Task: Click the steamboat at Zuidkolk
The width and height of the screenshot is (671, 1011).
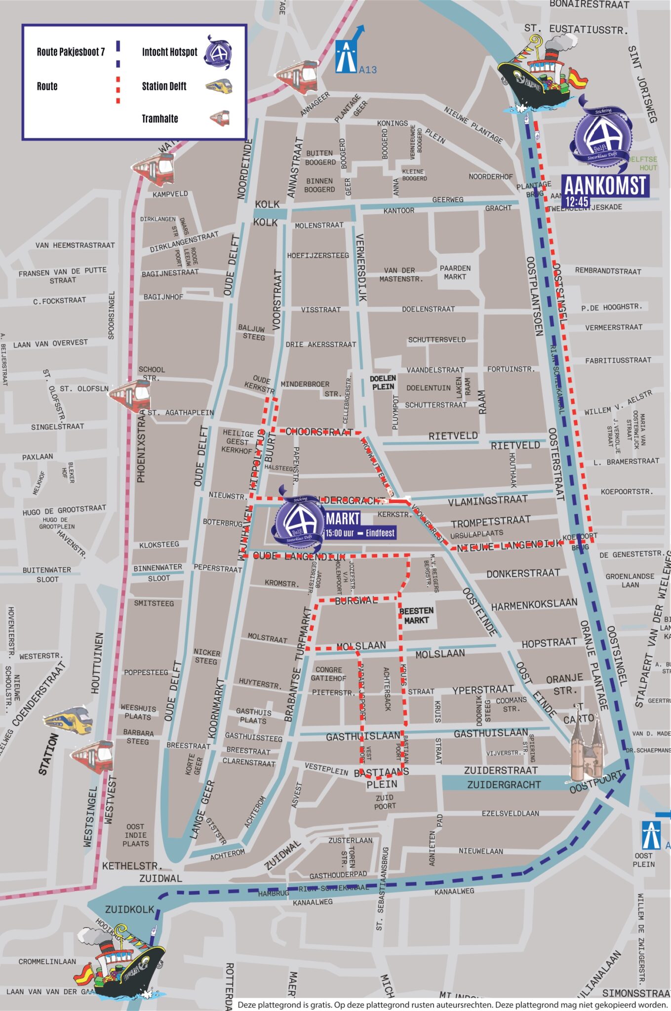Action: [x=120, y=963]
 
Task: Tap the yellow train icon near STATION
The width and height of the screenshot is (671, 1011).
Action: [x=68, y=721]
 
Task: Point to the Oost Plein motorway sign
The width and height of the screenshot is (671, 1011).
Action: [x=651, y=834]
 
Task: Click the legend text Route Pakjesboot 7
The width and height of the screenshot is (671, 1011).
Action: [x=71, y=52]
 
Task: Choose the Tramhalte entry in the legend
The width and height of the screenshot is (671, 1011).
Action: [x=159, y=118]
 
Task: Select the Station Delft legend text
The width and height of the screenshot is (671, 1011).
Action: [x=164, y=86]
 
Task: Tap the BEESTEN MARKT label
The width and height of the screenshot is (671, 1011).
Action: [x=416, y=615]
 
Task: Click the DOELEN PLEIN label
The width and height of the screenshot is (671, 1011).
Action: [x=383, y=383]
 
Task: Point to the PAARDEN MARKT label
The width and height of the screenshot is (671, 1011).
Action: [x=455, y=272]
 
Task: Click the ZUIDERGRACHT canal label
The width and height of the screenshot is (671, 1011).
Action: [x=504, y=784]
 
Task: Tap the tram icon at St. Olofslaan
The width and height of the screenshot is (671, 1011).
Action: [x=130, y=395]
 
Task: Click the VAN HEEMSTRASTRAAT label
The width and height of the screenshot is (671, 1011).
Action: [x=75, y=245]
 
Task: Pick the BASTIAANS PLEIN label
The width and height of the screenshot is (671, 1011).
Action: [x=381, y=778]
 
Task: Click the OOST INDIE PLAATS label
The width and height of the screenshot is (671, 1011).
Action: [x=135, y=835]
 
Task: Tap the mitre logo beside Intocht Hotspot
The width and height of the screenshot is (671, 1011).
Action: [x=218, y=52]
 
